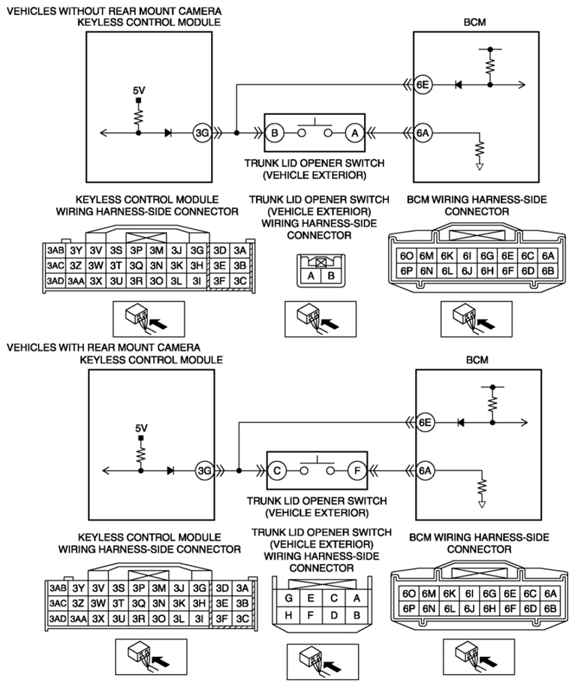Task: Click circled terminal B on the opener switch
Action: coord(275,133)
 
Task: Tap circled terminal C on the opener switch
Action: coord(277,471)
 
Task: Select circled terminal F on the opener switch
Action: coord(354,471)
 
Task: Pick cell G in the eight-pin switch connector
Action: coord(288,598)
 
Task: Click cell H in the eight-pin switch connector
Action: coord(288,614)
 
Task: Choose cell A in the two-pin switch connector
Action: coord(306,275)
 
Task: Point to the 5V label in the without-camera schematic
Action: coord(139,90)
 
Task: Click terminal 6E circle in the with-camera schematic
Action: coord(426,423)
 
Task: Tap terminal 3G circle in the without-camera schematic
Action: coord(200,133)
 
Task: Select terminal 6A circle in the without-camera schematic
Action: coord(423,133)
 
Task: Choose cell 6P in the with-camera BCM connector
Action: coord(409,608)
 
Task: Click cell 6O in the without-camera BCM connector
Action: coord(407,256)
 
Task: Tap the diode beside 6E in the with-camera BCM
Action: coord(458,423)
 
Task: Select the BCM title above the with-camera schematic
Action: coord(477,360)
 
